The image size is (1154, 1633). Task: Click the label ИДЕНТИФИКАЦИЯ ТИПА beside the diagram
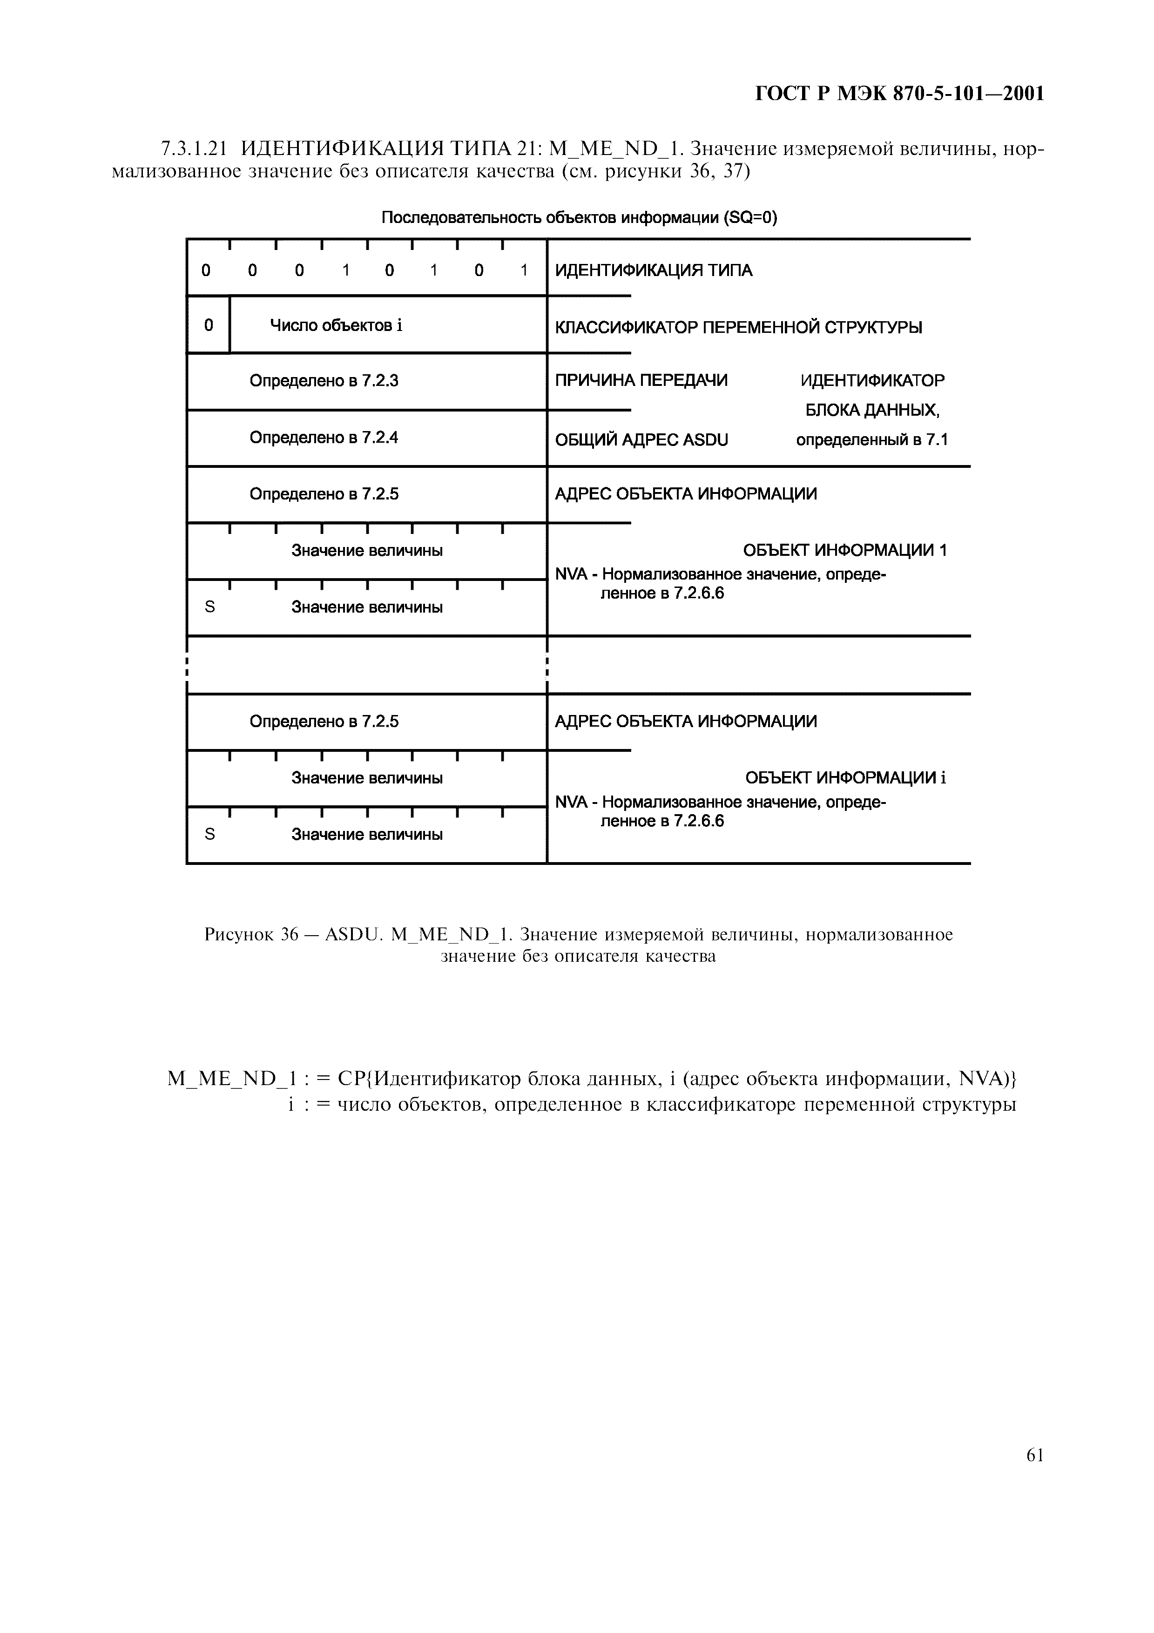click(x=653, y=270)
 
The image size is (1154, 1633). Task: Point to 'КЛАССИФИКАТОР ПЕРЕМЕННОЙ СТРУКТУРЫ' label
click(x=738, y=328)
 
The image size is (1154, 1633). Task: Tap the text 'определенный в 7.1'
click(x=872, y=440)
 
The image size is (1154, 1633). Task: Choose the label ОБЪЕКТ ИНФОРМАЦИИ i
click(x=845, y=778)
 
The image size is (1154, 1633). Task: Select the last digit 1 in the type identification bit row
click(x=524, y=271)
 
